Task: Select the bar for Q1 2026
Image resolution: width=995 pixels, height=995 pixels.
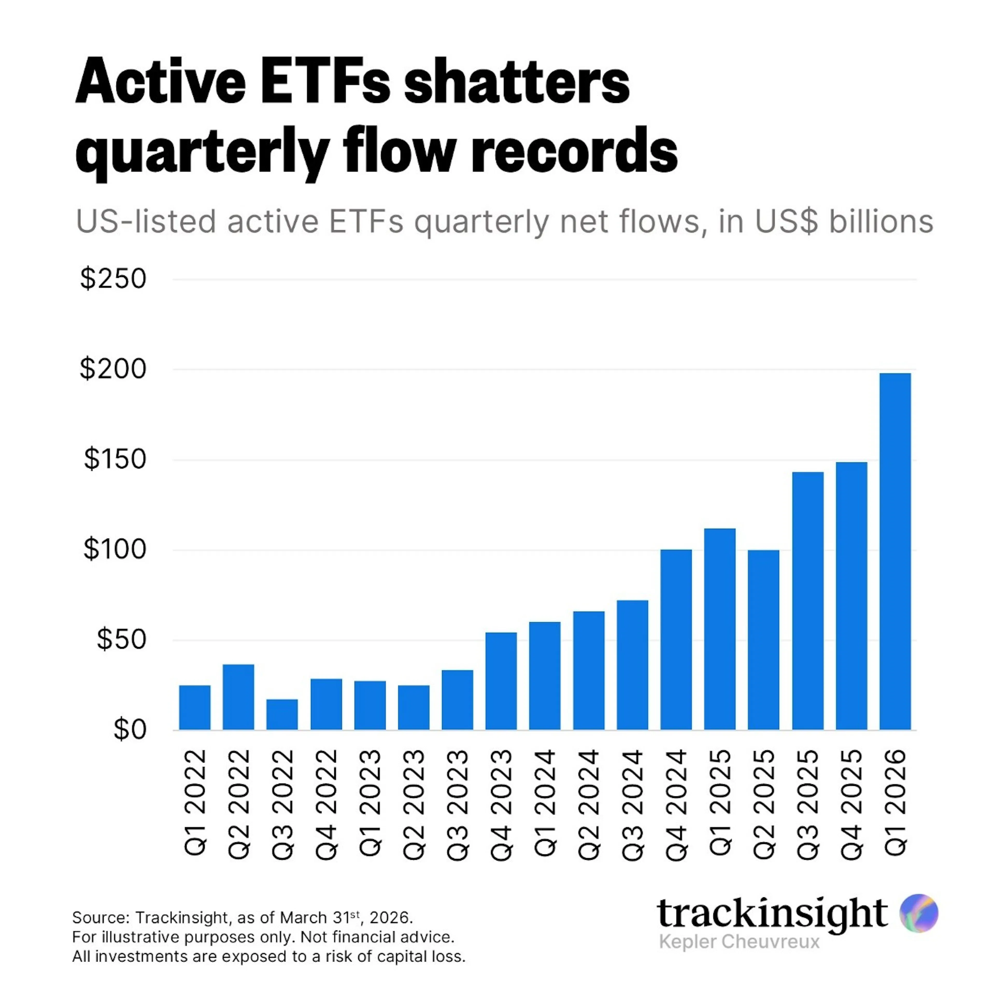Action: (895, 551)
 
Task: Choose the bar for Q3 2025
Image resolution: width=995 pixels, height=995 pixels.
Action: (808, 601)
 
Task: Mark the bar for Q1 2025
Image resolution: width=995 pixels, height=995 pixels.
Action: (720, 629)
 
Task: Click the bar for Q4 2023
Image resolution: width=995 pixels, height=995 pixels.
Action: (501, 681)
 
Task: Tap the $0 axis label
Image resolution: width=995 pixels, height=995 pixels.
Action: (130, 730)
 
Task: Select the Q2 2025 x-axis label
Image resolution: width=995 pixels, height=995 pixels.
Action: (764, 805)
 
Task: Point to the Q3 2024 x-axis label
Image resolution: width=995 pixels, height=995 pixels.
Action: (632, 805)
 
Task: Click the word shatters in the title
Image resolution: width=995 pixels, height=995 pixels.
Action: (517, 82)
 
